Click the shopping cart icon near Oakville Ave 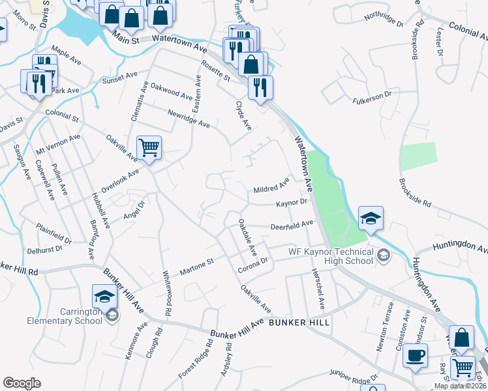point(149,148)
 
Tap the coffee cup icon point(416,355)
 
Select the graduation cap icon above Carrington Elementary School point(104,297)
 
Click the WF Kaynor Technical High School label point(330,256)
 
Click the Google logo point(22,383)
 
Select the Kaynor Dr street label point(291,203)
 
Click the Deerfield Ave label point(292,225)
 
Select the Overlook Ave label point(120,179)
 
